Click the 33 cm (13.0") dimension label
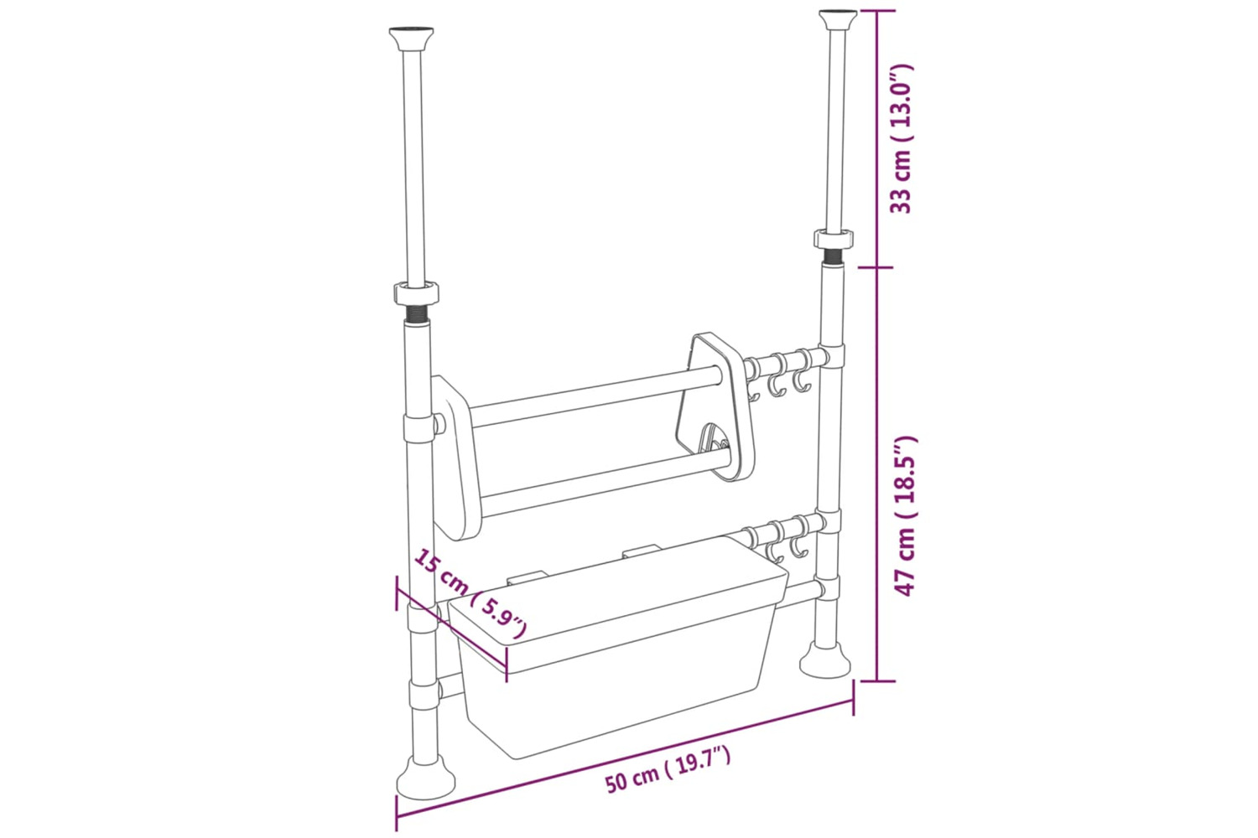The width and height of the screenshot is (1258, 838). tap(902, 138)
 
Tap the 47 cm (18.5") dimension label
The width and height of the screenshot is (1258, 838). tap(905, 515)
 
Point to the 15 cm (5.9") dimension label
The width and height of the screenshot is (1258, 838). tap(470, 594)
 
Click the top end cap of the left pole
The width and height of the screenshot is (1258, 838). tap(411, 38)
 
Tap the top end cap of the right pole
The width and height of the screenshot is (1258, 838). tap(838, 19)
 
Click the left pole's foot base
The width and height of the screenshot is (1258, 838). tap(426, 780)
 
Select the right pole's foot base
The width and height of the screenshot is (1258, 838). tap(825, 662)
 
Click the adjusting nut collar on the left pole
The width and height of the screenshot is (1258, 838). tap(416, 293)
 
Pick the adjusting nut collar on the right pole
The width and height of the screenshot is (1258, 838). tap(834, 238)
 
